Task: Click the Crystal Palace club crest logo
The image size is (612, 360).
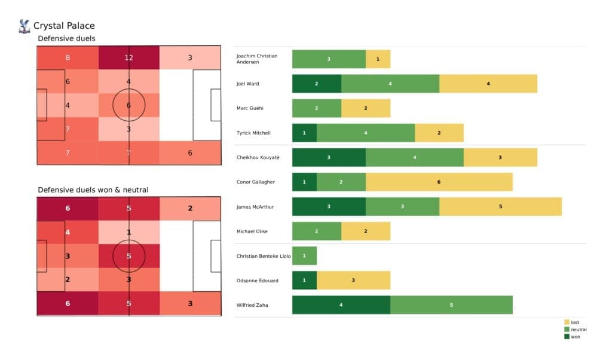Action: [x=25, y=26]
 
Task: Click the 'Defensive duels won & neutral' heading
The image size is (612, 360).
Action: [x=93, y=190]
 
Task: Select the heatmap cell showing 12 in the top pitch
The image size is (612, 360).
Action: [x=128, y=58]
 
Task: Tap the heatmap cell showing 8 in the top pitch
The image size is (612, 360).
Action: [x=68, y=58]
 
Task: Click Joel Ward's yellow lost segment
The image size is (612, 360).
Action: [x=488, y=84]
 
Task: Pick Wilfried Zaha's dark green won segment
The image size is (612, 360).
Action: [x=341, y=305]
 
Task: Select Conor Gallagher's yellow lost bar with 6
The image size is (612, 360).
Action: [x=439, y=182]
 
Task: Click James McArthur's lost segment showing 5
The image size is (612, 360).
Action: [x=500, y=206]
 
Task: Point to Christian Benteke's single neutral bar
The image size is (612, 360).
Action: [x=304, y=256]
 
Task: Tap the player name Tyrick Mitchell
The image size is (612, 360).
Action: [x=253, y=133]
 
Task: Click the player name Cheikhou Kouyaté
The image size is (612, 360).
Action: [x=258, y=157]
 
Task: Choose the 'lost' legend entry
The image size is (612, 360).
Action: [x=574, y=322]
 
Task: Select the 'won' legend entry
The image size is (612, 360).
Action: [x=574, y=337]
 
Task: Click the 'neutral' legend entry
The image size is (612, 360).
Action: [x=577, y=330]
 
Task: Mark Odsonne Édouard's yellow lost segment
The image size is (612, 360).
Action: [x=353, y=280]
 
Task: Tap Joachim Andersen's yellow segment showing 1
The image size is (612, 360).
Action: [x=378, y=59]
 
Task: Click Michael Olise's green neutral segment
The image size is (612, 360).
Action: [x=316, y=231]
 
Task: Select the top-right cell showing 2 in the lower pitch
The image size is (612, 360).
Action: [x=189, y=209]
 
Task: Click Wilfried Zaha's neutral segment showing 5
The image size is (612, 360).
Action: [x=451, y=305]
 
